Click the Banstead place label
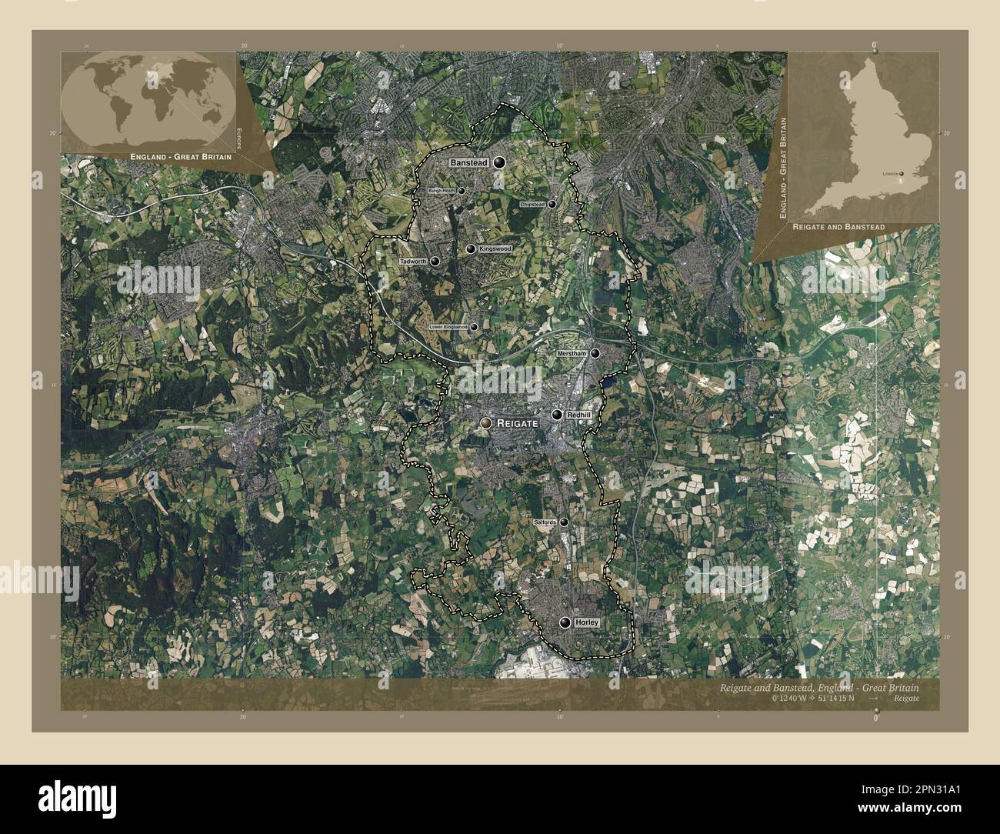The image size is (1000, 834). pyautogui.click(x=468, y=164)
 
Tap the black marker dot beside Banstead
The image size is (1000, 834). pyautogui.click(x=500, y=163)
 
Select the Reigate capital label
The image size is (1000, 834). pyautogui.click(x=517, y=423)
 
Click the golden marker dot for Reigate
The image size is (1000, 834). pyautogui.click(x=485, y=423)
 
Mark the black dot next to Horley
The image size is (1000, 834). pyautogui.click(x=566, y=622)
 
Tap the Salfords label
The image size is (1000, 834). pyautogui.click(x=544, y=522)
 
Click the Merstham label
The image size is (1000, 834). pyautogui.click(x=572, y=353)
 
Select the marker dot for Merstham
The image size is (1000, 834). pyautogui.click(x=595, y=353)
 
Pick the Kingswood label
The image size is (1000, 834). pyautogui.click(x=494, y=250)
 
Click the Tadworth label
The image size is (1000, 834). pyautogui.click(x=413, y=262)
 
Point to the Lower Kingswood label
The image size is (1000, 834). pyautogui.click(x=448, y=327)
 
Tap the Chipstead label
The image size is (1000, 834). pyautogui.click(x=532, y=205)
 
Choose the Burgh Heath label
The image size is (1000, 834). pyautogui.click(x=442, y=191)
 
